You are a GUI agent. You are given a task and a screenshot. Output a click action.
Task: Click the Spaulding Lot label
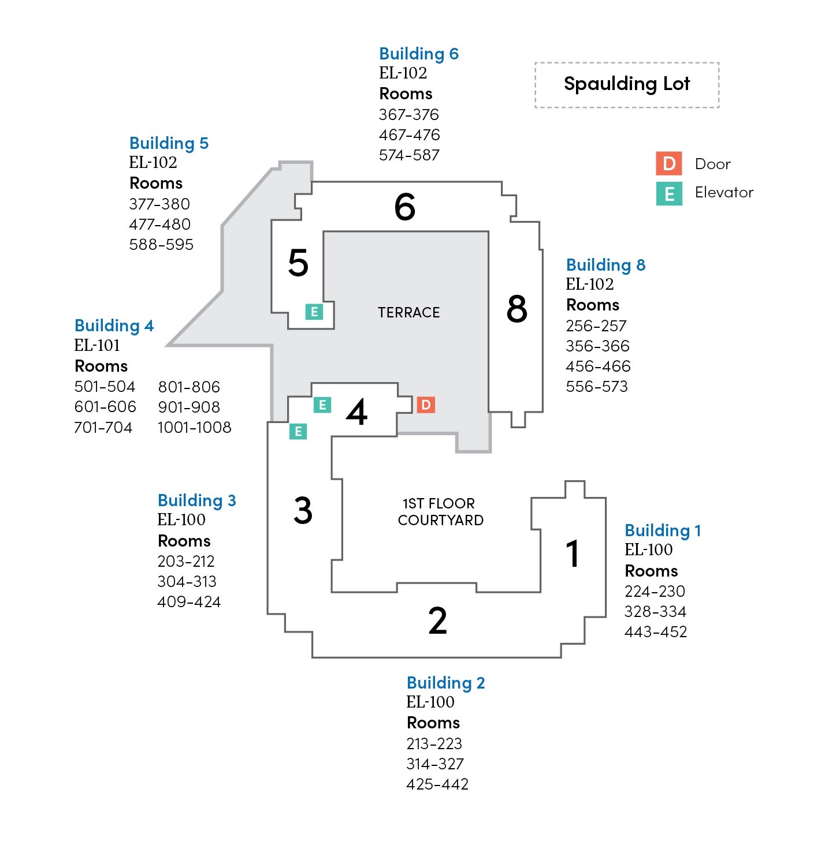pyautogui.click(x=627, y=84)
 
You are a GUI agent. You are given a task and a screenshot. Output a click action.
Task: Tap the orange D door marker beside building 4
pyautogui.click(x=426, y=405)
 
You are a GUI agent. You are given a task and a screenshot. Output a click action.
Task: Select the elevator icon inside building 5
pyautogui.click(x=314, y=312)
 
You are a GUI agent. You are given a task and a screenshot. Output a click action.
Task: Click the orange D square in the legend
pyautogui.click(x=669, y=164)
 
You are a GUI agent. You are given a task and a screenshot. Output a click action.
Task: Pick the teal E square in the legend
pyautogui.click(x=669, y=193)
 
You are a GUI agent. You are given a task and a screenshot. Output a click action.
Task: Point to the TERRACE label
pyautogui.click(x=408, y=312)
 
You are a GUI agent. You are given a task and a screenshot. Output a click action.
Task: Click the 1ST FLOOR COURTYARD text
pyautogui.click(x=440, y=512)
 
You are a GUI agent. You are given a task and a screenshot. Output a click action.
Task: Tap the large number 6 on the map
pyautogui.click(x=404, y=207)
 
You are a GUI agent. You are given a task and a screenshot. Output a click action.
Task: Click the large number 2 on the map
pyautogui.click(x=437, y=620)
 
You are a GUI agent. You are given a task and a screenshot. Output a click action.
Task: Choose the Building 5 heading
pyautogui.click(x=169, y=143)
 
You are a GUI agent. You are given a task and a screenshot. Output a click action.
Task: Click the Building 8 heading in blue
pyautogui.click(x=605, y=265)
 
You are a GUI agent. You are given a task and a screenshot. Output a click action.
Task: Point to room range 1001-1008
pyautogui.click(x=194, y=428)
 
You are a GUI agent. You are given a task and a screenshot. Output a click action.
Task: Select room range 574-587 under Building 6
pyautogui.click(x=409, y=155)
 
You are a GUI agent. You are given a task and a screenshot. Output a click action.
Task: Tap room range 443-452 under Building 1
pyautogui.click(x=656, y=632)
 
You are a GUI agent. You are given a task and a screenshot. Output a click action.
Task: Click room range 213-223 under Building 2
pyautogui.click(x=434, y=743)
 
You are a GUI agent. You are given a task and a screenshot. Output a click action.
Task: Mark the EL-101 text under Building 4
pyautogui.click(x=97, y=346)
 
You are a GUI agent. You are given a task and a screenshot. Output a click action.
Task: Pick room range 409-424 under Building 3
pyautogui.click(x=189, y=602)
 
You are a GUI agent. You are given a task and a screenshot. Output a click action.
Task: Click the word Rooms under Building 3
pyautogui.click(x=184, y=541)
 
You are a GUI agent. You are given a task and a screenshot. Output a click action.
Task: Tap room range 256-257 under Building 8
pyautogui.click(x=596, y=326)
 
